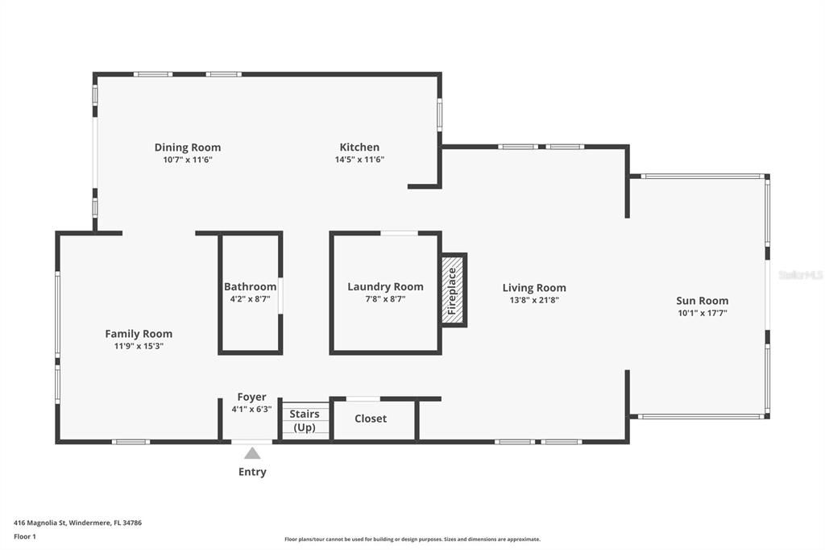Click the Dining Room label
coord(188,148)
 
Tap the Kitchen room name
coord(359,148)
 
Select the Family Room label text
coord(139,334)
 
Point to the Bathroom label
coord(250,287)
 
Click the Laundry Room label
coord(385,287)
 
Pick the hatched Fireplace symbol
coord(453,290)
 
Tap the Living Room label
coord(534,288)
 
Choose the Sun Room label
coord(702,301)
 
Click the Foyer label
coord(251,398)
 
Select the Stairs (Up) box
coord(305,420)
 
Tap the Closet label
coord(371,419)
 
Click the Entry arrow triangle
coord(252,453)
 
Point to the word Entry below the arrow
coord(252,472)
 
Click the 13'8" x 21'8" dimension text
coord(534,300)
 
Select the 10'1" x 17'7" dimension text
coord(702,313)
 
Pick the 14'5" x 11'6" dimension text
coord(359,160)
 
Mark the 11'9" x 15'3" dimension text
coord(139,346)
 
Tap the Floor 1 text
coord(25,535)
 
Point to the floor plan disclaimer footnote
coord(412,540)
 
